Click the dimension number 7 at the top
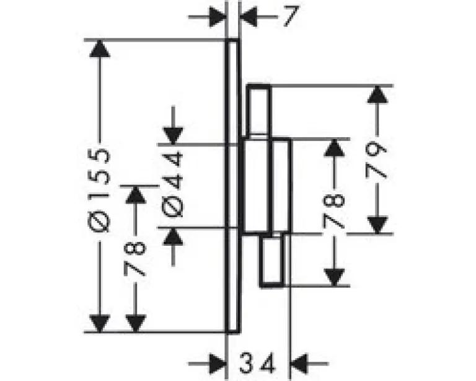pos(291,16)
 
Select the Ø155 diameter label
pos(99,191)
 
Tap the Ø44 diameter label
pos(173,185)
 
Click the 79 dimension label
pos(376,161)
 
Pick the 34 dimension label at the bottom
pos(257,363)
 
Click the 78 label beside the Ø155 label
pos(135,259)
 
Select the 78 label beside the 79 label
pos(334,212)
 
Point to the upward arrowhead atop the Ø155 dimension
pos(100,48)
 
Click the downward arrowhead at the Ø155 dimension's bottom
pos(100,324)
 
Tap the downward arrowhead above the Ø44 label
pos(173,136)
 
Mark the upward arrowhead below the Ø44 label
pos(173,236)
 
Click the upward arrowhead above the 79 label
pos(377,94)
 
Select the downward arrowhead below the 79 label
pos(377,225)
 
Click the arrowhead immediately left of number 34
pos(219,364)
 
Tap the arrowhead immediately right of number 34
pos(299,364)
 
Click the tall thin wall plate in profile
pos(233,186)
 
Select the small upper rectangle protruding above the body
pos(258,111)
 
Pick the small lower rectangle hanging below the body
pos(272,260)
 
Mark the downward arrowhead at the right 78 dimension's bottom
pos(334,277)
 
